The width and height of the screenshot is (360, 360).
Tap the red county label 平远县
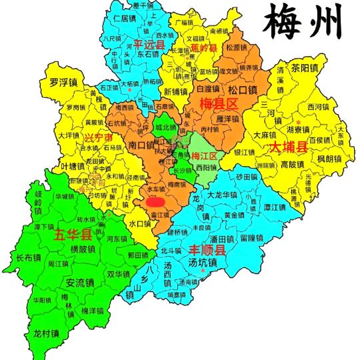[x=148, y=45]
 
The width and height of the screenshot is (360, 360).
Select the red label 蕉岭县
[x=204, y=49]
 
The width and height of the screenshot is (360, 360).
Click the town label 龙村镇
[x=46, y=333]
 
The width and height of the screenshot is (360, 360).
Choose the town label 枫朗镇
[x=329, y=159]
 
